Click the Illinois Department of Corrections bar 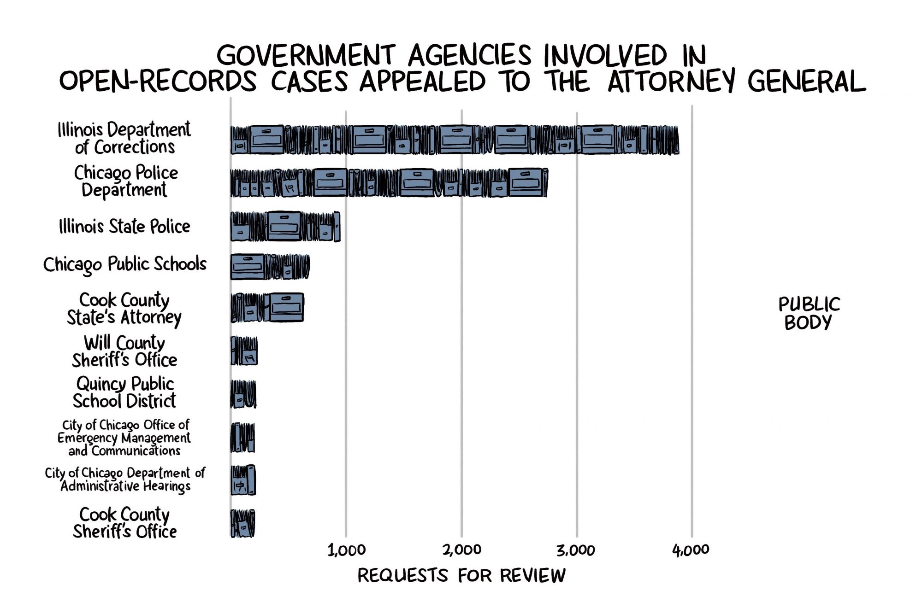pos(454,140)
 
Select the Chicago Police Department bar pos(389,183)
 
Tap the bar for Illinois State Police pos(285,226)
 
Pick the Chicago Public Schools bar pos(270,267)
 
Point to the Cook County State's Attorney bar pos(267,307)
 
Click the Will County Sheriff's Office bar pos(244,351)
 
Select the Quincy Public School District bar pos(243,394)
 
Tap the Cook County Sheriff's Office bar pos(242,523)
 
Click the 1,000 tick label pos(346,550)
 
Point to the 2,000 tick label pos(461,550)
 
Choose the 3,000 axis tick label pos(576,550)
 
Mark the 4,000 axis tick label pos(691,550)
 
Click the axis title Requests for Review pos(461,576)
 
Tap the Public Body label pos(809,313)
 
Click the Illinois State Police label pos(124,227)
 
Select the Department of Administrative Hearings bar pos(243,480)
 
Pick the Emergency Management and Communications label pos(124,438)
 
